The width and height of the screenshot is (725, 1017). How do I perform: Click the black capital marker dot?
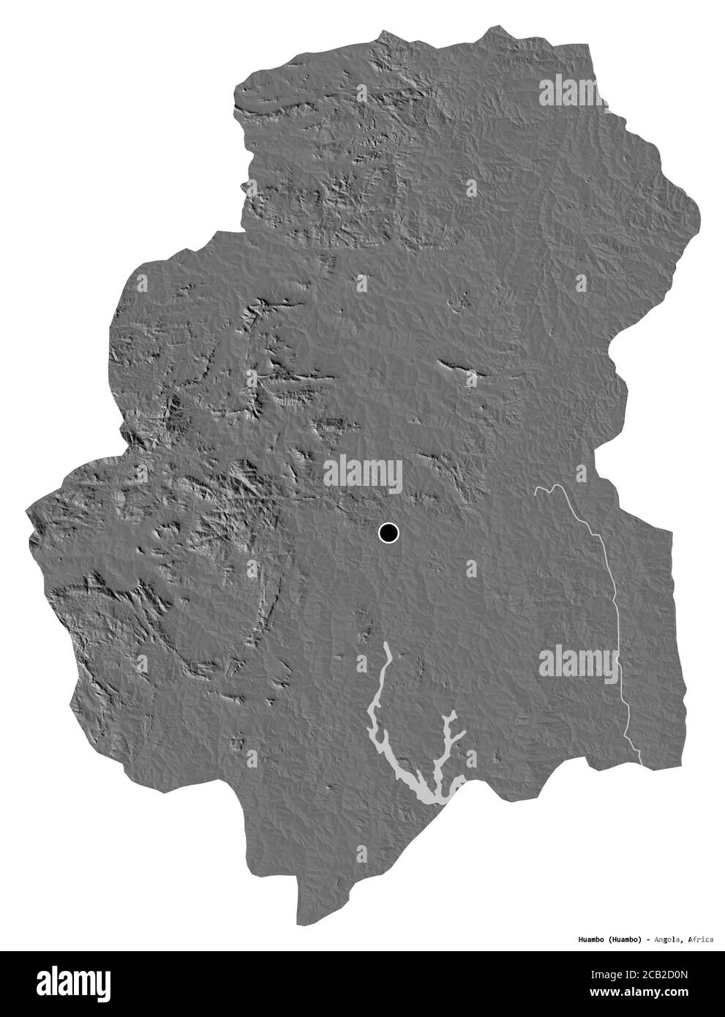[388, 533]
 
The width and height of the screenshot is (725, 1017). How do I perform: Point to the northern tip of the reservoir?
[386, 646]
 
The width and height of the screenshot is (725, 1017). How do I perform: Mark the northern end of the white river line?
[536, 489]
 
